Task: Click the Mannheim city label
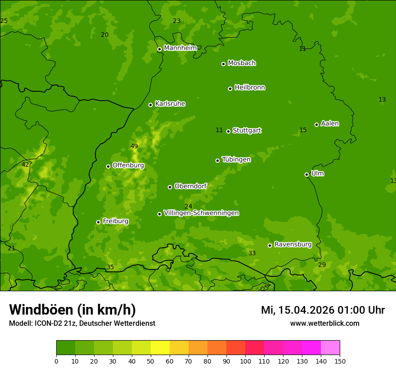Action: click(x=180, y=48)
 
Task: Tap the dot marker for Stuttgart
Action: click(x=229, y=131)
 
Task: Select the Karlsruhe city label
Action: click(x=170, y=104)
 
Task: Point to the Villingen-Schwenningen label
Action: click(x=201, y=213)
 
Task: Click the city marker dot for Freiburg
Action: click(x=98, y=222)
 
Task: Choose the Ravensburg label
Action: click(x=292, y=244)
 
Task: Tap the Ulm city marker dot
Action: click(x=307, y=174)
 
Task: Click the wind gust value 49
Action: click(x=134, y=147)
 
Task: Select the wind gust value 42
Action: click(x=25, y=165)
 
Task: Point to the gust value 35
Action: click(x=110, y=267)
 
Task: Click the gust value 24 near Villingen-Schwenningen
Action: click(x=188, y=207)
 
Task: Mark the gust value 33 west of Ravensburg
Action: click(x=252, y=253)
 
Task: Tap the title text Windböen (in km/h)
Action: click(x=72, y=310)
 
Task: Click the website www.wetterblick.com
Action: click(x=324, y=324)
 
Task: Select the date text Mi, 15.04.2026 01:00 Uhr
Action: click(x=323, y=310)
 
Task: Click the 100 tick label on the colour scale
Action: click(x=245, y=361)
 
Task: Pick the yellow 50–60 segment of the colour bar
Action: click(x=160, y=348)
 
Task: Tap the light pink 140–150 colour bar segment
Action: click(x=330, y=348)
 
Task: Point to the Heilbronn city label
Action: click(x=250, y=88)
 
